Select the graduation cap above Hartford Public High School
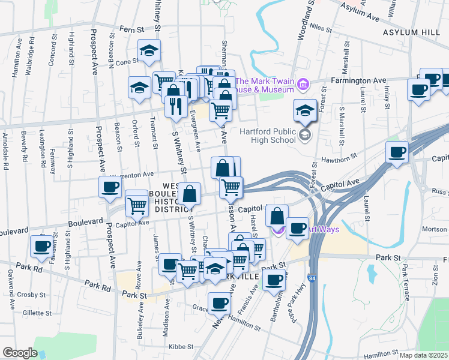[x=304, y=111]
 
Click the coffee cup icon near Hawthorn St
[x=396, y=152]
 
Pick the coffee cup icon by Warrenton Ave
[x=110, y=187]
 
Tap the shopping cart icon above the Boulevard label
[x=137, y=206]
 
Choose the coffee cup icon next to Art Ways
[x=297, y=228]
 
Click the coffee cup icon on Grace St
[x=219, y=304]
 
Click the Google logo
[x=19, y=352]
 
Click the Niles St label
[x=322, y=28]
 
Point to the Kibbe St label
[x=181, y=346]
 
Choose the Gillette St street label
[x=37, y=313]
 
